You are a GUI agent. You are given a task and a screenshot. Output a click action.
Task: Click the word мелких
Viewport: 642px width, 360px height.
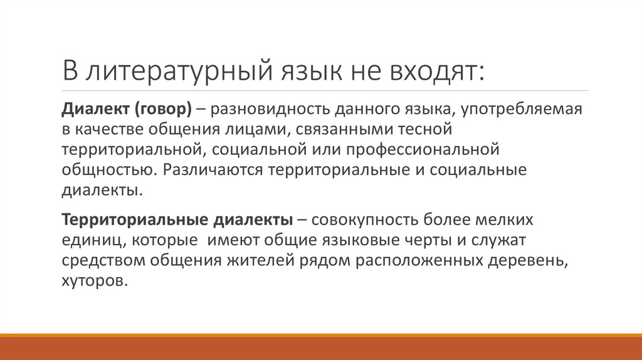pyautogui.click(x=510, y=221)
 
